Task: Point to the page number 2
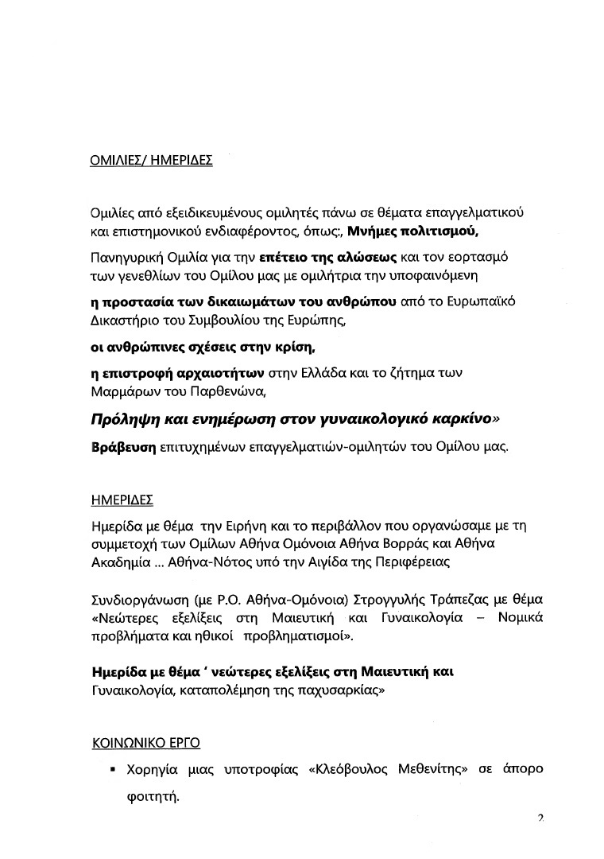[x=541, y=819]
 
